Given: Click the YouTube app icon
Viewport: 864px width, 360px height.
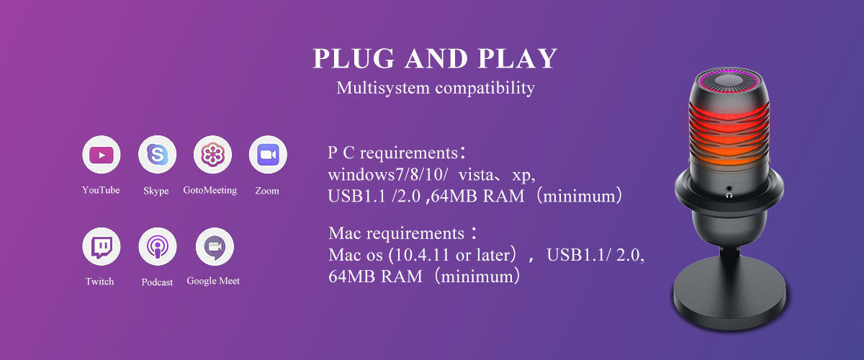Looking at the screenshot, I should (x=101, y=155).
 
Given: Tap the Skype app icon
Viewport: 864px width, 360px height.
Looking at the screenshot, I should (x=157, y=155).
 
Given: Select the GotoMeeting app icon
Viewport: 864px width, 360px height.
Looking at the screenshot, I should (x=212, y=155).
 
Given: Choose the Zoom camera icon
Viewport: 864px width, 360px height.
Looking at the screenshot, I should (x=268, y=155).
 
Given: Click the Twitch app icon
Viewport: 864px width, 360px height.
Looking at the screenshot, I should (x=101, y=247).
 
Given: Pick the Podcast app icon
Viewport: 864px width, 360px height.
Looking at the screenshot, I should (x=157, y=247).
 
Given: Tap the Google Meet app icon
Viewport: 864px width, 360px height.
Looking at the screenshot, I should (x=214, y=247).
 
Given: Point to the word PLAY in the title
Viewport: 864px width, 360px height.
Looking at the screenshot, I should (x=518, y=59).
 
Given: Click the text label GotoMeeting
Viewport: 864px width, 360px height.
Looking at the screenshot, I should (x=210, y=191).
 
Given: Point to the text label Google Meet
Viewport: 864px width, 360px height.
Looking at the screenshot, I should (x=213, y=281).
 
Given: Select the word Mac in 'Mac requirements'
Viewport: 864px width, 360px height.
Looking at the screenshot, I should (x=343, y=234).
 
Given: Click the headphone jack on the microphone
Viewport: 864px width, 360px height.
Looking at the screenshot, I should (x=730, y=192).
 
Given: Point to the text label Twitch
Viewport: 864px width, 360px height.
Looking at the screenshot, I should (x=99, y=282).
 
